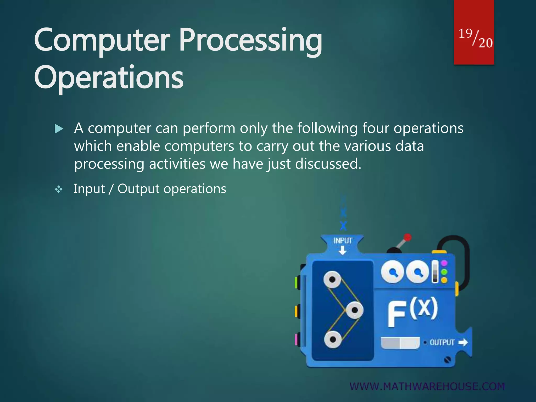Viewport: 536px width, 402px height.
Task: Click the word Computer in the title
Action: [x=102, y=41]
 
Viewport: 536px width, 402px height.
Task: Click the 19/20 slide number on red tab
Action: [x=475, y=38]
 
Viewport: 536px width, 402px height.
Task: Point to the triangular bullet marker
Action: [x=59, y=129]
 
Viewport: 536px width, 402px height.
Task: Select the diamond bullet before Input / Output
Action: [x=59, y=189]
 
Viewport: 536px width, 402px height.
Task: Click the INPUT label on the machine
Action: [x=343, y=241]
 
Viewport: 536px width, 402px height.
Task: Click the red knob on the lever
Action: [x=407, y=237]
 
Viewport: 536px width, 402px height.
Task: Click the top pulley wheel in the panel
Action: [x=332, y=280]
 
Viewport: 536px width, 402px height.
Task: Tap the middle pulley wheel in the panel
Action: [x=355, y=310]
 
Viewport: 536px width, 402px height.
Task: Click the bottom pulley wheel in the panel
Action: [x=333, y=340]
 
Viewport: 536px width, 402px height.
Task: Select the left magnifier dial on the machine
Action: [x=392, y=272]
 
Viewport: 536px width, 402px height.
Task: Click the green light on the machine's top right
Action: [x=444, y=272]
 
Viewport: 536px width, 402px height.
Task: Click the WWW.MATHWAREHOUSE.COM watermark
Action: [x=427, y=387]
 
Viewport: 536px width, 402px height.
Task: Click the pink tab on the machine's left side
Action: [x=297, y=339]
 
